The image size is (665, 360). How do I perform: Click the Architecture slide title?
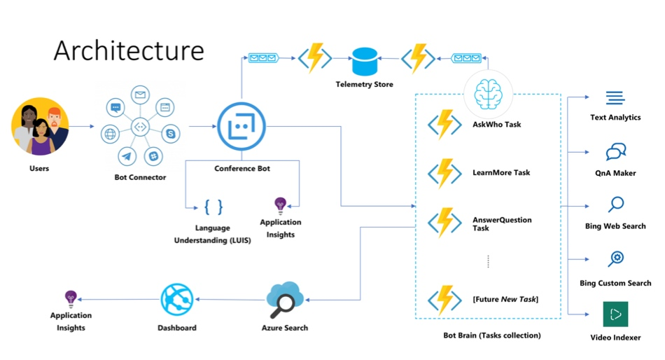(129, 50)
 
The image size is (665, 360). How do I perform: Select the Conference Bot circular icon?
(242, 127)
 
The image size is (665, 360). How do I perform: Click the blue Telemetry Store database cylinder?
(364, 61)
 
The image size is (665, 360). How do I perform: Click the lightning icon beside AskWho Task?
(444, 125)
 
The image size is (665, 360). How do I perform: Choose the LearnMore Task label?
(501, 172)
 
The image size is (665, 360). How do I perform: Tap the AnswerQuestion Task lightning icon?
(444, 222)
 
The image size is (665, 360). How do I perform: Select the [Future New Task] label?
(505, 299)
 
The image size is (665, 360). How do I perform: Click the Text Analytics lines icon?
(615, 98)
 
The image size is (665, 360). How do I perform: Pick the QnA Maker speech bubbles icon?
(615, 152)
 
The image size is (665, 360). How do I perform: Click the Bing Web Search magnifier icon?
(615, 205)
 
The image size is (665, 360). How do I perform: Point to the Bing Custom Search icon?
(615, 259)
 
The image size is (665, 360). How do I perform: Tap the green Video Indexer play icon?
(615, 314)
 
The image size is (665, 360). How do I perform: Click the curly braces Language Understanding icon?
(213, 207)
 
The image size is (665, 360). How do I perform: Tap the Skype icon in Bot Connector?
(169, 133)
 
